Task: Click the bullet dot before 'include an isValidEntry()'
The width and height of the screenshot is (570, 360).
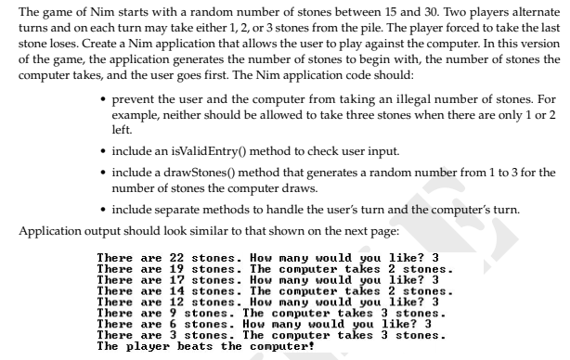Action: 101,150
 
